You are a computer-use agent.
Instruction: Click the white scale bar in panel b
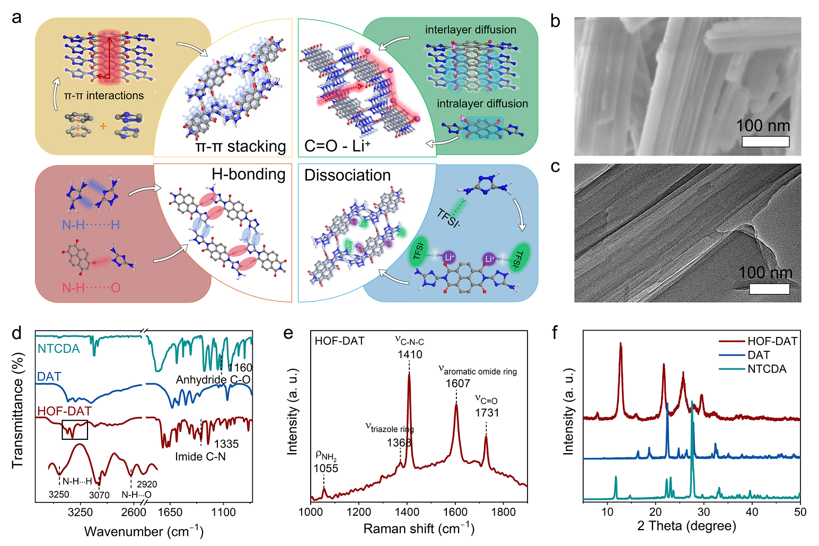point(765,142)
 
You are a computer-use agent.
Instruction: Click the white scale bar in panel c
point(769,289)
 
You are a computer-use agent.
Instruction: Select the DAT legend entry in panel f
point(759,356)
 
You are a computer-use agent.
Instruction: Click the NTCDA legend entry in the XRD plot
point(767,369)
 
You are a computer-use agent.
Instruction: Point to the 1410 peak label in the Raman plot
point(410,354)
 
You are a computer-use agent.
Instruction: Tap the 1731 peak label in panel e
point(487,412)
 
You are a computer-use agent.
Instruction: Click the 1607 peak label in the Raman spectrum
point(457,383)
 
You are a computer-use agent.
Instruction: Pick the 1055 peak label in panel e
point(325,468)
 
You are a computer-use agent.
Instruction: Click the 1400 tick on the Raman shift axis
point(407,512)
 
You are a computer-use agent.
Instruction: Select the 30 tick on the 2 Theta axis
point(704,512)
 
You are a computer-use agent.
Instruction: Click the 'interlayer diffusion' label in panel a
point(470,30)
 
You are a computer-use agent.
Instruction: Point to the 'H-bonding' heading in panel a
point(248,174)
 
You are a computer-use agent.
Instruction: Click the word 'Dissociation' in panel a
point(347,175)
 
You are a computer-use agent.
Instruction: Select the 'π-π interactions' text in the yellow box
point(104,96)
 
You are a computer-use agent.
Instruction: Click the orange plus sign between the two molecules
point(103,126)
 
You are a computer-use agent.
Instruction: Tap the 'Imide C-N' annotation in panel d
point(200,456)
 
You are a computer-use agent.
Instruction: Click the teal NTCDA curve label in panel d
point(58,349)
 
